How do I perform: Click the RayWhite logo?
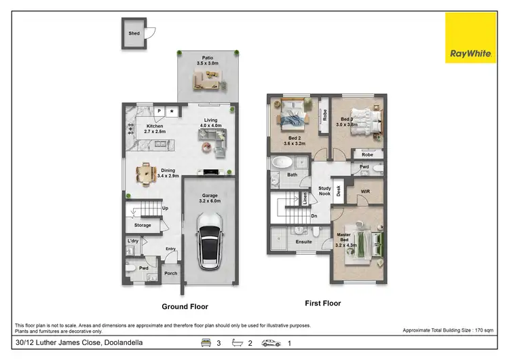click(470, 38)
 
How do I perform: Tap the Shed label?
click(134, 32)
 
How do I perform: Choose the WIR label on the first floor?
click(365, 192)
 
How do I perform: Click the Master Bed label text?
click(344, 238)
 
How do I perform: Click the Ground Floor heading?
click(185, 306)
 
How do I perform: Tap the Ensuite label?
click(303, 241)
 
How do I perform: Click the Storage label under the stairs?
click(142, 225)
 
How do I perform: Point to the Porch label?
click(171, 274)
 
